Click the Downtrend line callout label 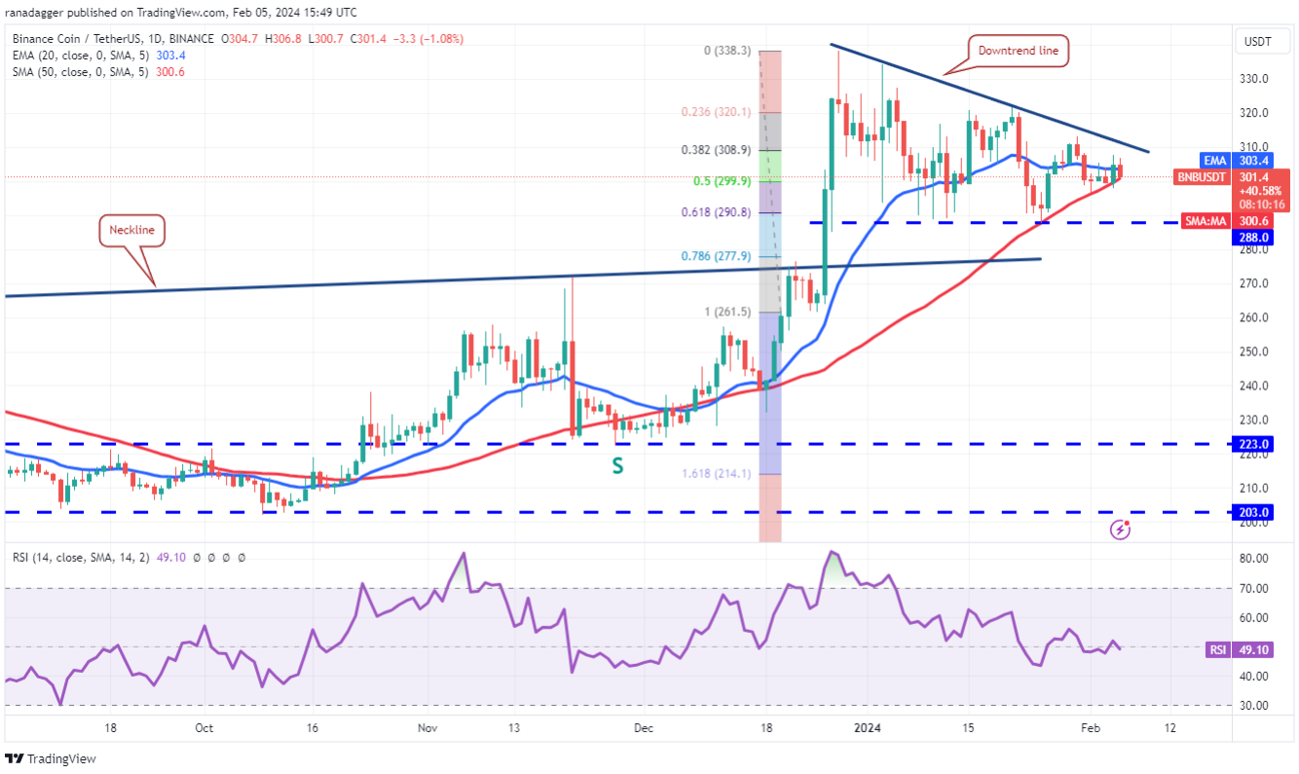click(1020, 51)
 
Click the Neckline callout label click(131, 231)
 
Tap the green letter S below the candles click(617, 466)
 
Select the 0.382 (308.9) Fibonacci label click(716, 150)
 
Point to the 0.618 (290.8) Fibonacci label click(716, 212)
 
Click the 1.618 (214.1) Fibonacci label click(716, 474)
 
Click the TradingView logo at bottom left click(52, 758)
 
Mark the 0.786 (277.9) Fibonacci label click(716, 256)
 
